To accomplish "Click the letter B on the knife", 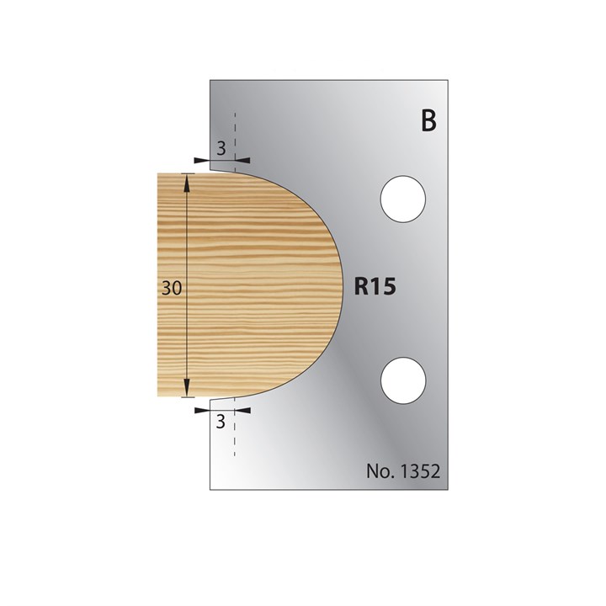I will click(x=428, y=121).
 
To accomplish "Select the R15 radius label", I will click(x=375, y=287).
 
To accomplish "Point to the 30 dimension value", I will click(x=172, y=287).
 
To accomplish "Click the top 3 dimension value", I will click(x=221, y=148).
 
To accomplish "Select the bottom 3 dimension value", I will click(x=221, y=423).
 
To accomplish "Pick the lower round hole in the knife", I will click(x=403, y=379).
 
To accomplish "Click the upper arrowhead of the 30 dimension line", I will click(x=188, y=179).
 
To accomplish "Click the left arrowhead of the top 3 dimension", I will click(x=203, y=159).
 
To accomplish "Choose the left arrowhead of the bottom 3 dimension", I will click(x=203, y=410).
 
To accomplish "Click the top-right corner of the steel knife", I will click(x=452, y=82).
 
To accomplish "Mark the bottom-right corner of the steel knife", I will click(x=452, y=489).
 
